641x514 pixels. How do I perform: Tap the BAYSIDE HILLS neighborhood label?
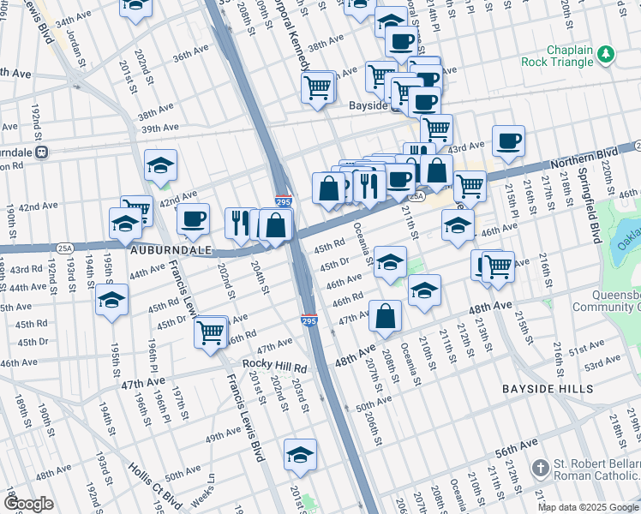click(x=553, y=389)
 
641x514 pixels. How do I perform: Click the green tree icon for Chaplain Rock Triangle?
click(x=607, y=55)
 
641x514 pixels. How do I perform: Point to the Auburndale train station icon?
click(x=42, y=152)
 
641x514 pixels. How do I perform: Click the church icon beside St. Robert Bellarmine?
click(x=540, y=469)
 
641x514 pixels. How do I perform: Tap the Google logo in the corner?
click(x=28, y=504)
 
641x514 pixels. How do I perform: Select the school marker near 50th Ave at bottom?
click(x=300, y=454)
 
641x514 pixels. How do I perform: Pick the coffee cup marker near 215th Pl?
click(x=508, y=140)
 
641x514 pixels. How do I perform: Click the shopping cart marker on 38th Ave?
click(x=318, y=87)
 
